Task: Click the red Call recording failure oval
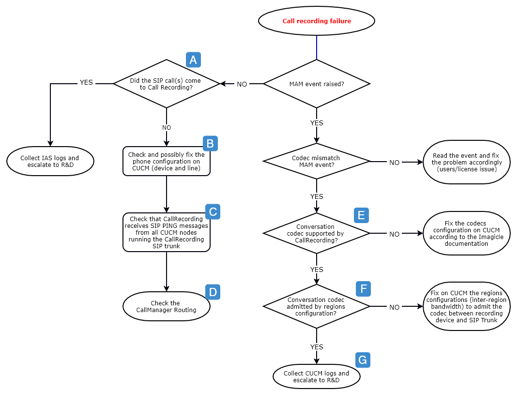pyautogui.click(x=317, y=21)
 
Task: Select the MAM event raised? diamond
pyautogui.click(x=317, y=84)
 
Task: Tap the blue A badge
pyautogui.click(x=193, y=60)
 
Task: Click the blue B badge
pyautogui.click(x=210, y=143)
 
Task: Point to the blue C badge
pyautogui.click(x=213, y=211)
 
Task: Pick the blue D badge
pyautogui.click(x=213, y=292)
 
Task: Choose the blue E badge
pyautogui.click(x=361, y=215)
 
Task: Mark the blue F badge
pyautogui.click(x=363, y=288)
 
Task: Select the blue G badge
pyautogui.click(x=363, y=360)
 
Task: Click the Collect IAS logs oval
pyautogui.click(x=50, y=161)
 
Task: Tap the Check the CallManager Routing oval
pyautogui.click(x=167, y=306)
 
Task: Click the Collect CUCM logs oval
pyautogui.click(x=317, y=376)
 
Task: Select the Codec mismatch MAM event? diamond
pyautogui.click(x=317, y=161)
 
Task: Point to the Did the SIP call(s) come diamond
pyautogui.click(x=167, y=84)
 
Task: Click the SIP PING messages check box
pyautogui.click(x=167, y=232)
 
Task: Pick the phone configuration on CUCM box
pyautogui.click(x=167, y=161)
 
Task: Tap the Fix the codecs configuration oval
pyautogui.click(x=466, y=233)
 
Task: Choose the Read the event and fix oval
pyautogui.click(x=466, y=163)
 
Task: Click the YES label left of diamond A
pyautogui.click(x=86, y=83)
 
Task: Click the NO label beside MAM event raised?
pyautogui.click(x=242, y=84)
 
